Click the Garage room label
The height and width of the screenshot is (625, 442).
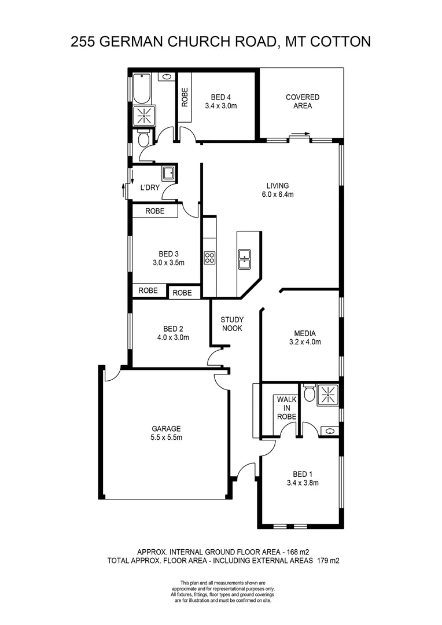pos(167,429)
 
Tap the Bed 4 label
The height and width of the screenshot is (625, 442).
pos(221,97)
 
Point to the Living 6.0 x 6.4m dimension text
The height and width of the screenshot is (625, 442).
pos(278,194)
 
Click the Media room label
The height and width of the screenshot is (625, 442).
pos(305,333)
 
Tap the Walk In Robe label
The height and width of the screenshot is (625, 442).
pos(286,407)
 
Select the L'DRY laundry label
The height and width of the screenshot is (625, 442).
pos(150,187)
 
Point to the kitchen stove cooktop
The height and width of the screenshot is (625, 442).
pos(209,258)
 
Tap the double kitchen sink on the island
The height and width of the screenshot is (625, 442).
pos(245,259)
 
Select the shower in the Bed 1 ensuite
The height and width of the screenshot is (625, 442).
pos(327,395)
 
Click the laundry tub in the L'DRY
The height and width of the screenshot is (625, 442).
pos(169,173)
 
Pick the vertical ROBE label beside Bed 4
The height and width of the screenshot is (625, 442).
pos(185,97)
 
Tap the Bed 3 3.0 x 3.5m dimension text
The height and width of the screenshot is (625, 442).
pos(168,262)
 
